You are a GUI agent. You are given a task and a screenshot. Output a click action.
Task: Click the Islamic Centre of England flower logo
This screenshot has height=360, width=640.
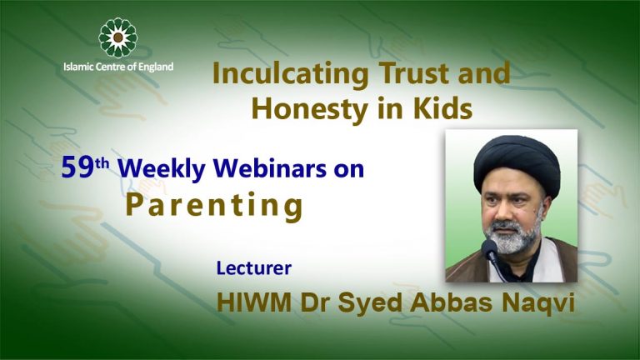[118, 37]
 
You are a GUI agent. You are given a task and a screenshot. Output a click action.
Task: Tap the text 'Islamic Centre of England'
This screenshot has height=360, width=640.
[118, 67]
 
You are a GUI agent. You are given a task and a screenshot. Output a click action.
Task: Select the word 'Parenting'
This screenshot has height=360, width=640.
[214, 206]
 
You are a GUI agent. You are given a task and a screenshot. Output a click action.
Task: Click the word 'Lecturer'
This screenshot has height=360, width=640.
[253, 269]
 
